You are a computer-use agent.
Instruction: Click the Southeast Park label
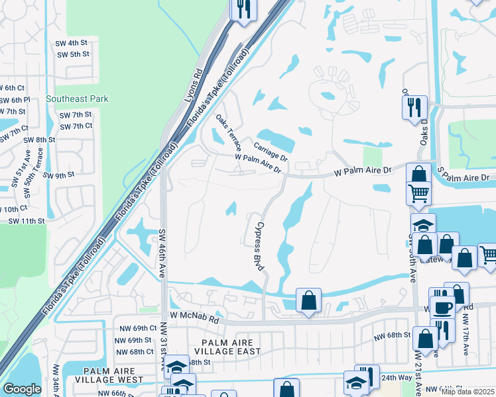(77, 99)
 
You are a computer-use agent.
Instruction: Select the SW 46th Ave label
(161, 253)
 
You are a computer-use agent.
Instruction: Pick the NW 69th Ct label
(135, 328)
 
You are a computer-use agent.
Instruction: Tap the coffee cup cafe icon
(442, 307)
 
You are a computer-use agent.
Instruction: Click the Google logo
(22, 389)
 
